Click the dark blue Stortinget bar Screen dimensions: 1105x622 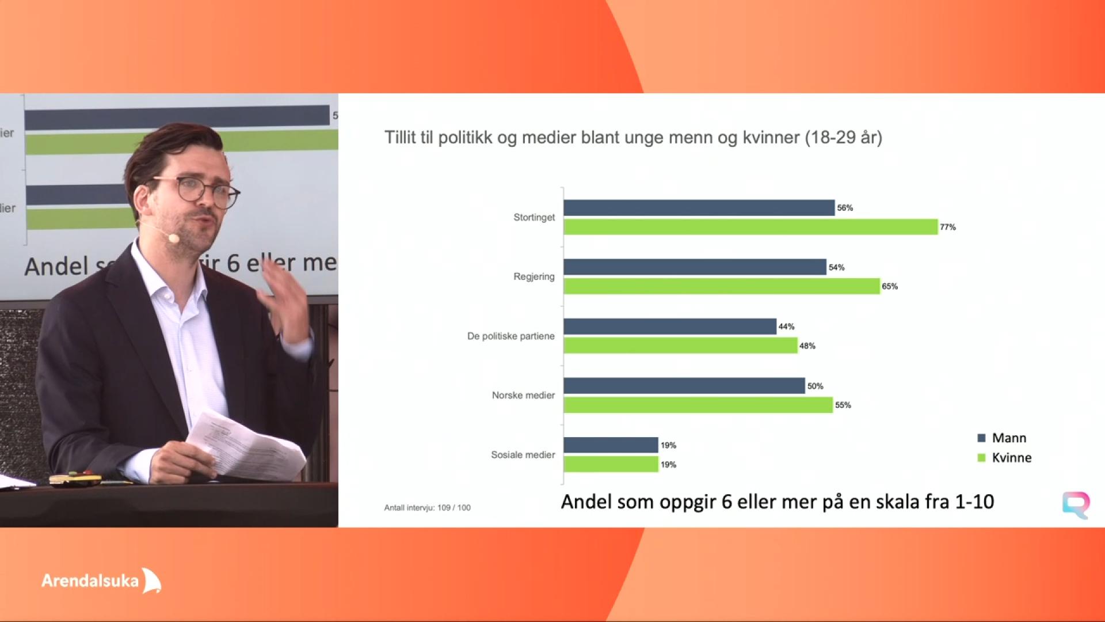point(699,208)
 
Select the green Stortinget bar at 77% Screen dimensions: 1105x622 point(751,227)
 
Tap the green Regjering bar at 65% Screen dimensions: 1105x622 point(722,286)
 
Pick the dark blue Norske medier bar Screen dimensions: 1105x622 point(684,386)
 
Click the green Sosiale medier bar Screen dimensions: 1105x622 point(611,464)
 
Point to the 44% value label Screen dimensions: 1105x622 point(787,327)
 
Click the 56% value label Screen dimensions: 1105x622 point(845,208)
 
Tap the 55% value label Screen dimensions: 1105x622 point(843,405)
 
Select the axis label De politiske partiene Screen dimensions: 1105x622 point(511,336)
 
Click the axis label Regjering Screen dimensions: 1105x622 point(534,277)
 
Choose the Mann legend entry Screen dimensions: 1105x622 point(1002,438)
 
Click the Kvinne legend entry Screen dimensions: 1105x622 point(1005,458)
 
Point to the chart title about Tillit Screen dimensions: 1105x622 point(633,138)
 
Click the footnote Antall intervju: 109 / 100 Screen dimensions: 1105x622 point(428,508)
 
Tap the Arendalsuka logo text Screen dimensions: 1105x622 point(90,581)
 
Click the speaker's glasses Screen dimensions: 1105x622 point(199,190)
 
